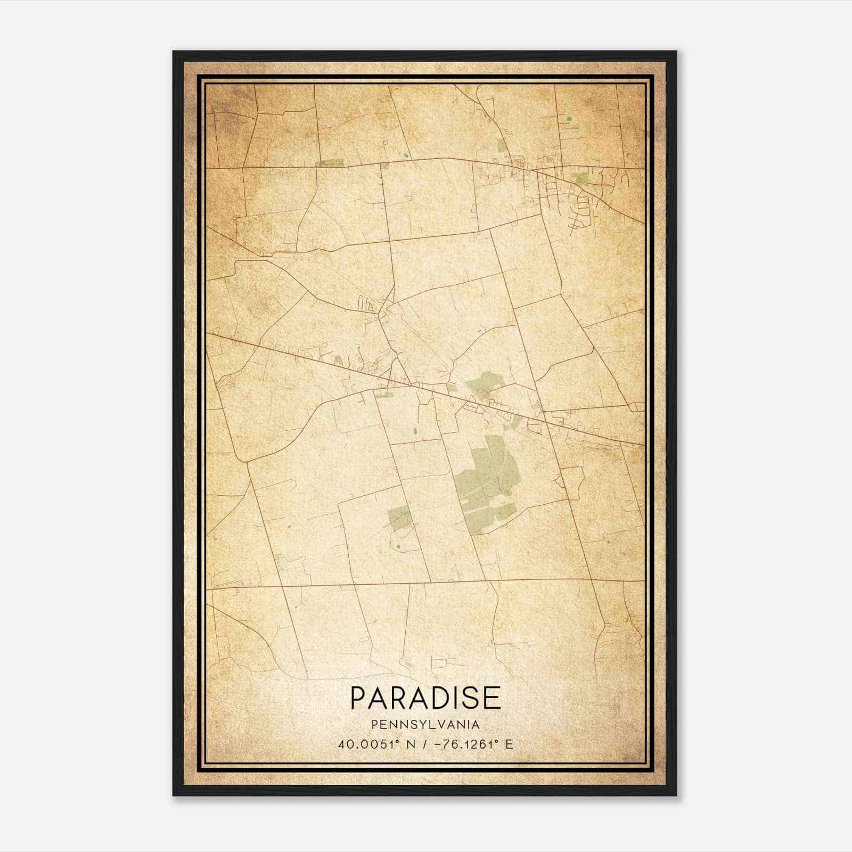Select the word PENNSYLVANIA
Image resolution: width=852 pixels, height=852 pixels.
tap(425, 725)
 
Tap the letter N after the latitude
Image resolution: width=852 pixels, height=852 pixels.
tap(409, 744)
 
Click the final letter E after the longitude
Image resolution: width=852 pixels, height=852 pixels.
tap(510, 744)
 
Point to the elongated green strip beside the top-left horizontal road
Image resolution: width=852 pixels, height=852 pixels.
tap(330, 163)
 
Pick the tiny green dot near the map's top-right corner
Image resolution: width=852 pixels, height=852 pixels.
tap(569, 118)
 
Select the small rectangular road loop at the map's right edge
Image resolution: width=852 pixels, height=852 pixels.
tap(635, 407)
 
